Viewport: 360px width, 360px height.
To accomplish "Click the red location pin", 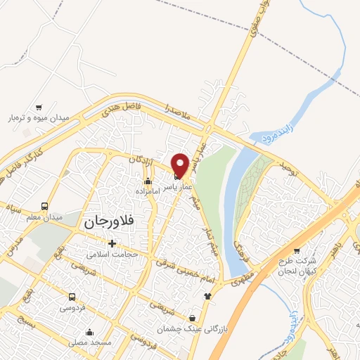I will pos(179,165).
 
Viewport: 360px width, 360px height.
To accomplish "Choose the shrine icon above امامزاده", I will pos(147,181).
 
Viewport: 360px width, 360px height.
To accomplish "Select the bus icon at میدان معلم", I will pos(45,206).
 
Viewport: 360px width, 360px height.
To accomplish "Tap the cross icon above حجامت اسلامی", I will pos(112,243).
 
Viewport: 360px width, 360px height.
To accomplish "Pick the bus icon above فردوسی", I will pos(72,297).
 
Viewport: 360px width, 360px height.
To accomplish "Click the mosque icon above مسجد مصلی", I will pos(89,332).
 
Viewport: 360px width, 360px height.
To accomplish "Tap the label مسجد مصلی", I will pos(90,342).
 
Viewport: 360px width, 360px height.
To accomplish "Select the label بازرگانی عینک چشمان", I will pos(169,328).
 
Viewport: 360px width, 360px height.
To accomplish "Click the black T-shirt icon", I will pos(207,296).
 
